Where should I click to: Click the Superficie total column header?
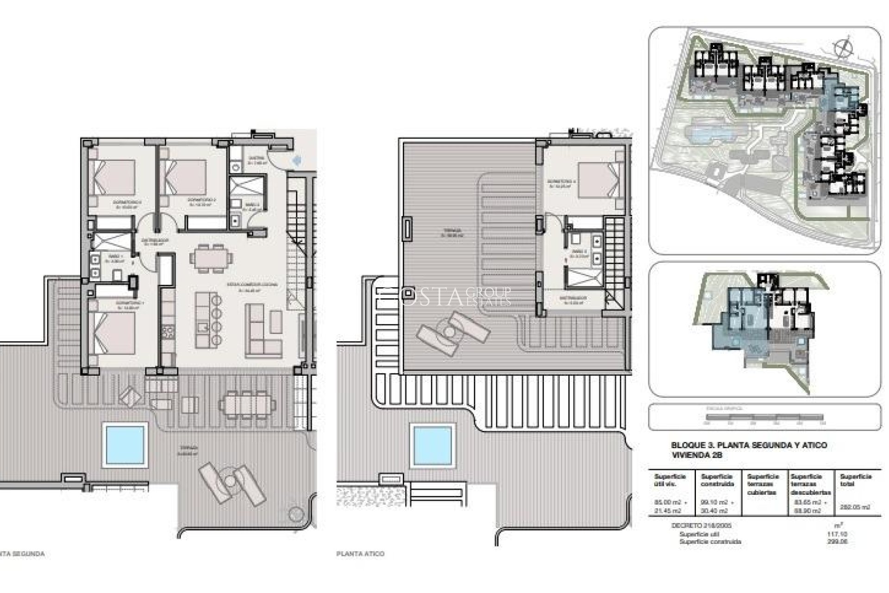point(855,480)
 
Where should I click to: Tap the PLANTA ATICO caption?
point(361,554)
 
